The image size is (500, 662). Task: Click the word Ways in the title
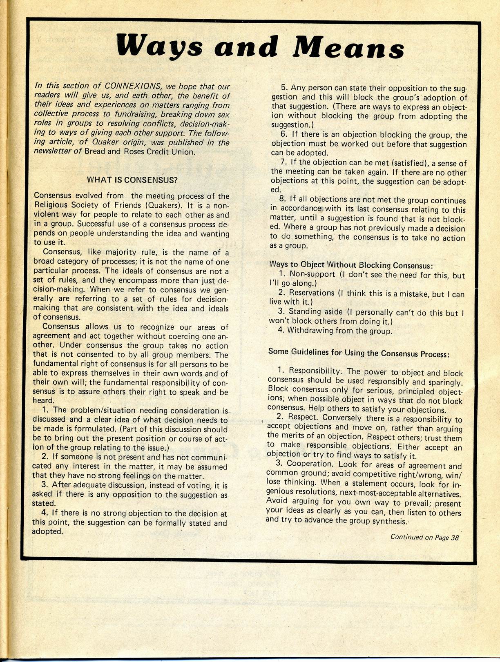tap(159, 46)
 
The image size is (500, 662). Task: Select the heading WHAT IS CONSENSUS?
tap(133, 180)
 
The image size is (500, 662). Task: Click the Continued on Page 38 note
tap(424, 537)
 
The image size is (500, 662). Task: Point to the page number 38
tap(455, 537)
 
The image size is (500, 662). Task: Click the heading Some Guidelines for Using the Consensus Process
tap(359, 353)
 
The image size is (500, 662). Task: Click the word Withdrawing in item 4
tap(311, 330)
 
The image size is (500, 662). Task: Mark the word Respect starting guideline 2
tap(304, 418)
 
